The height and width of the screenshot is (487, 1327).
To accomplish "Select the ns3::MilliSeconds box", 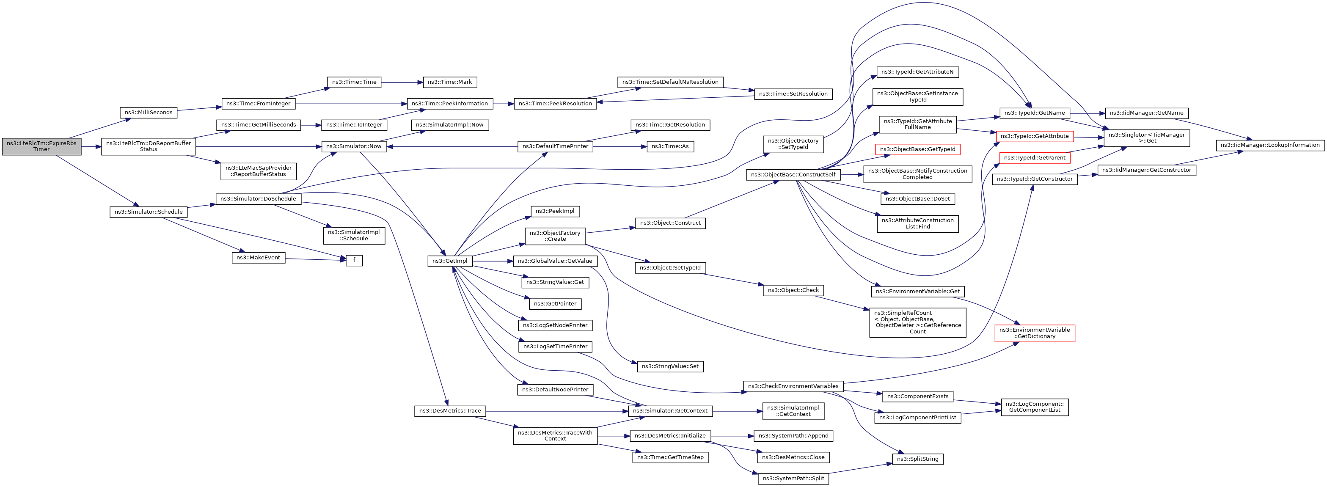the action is pos(149,113).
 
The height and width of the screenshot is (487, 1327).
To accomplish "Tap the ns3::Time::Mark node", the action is pos(450,83).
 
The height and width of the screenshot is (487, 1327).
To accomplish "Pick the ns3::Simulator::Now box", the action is pos(354,147).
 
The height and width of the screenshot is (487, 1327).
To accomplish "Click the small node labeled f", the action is pos(354,261).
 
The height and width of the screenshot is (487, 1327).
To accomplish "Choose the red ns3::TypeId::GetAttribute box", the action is pos(1035,137).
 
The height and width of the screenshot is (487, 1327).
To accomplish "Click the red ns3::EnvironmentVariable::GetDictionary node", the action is pos(1035,333).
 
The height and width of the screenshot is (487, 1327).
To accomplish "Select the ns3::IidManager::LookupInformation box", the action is pos(1270,145).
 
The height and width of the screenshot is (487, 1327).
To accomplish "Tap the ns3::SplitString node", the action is pos(917,459).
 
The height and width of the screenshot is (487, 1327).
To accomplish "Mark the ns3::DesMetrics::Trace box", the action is pos(450,411).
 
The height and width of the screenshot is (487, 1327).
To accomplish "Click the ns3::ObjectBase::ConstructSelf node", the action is pos(793,175).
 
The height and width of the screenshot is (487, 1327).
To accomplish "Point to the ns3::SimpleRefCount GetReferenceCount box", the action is pos(917,322).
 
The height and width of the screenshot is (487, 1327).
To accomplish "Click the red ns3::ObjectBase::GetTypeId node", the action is pos(917,149).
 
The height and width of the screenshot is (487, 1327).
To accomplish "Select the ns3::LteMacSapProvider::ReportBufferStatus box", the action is pos(259,171).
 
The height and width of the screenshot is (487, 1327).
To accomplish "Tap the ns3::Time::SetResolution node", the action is pos(793,94).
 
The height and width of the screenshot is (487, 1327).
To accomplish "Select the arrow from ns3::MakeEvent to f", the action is pos(316,259).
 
